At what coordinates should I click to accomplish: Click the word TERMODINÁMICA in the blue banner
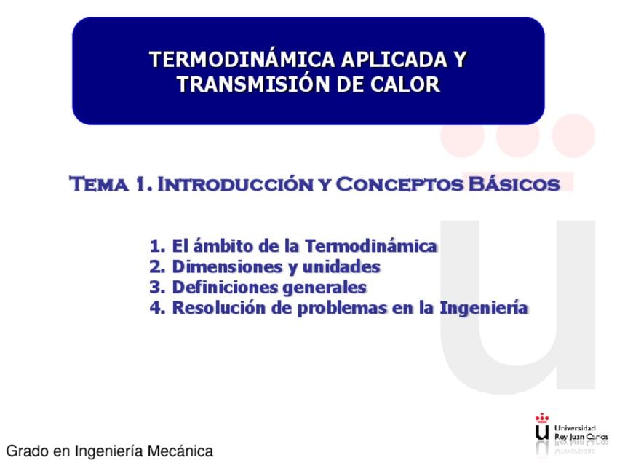[242, 60]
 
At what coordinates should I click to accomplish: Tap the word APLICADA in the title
[394, 60]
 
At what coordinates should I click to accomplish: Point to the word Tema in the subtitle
[99, 184]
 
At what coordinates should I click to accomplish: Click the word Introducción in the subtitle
[235, 184]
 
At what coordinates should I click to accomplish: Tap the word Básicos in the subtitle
[514, 184]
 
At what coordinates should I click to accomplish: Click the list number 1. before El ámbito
[157, 246]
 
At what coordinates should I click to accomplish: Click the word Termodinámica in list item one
[370, 245]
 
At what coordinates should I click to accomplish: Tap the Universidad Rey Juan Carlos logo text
[581, 432]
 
